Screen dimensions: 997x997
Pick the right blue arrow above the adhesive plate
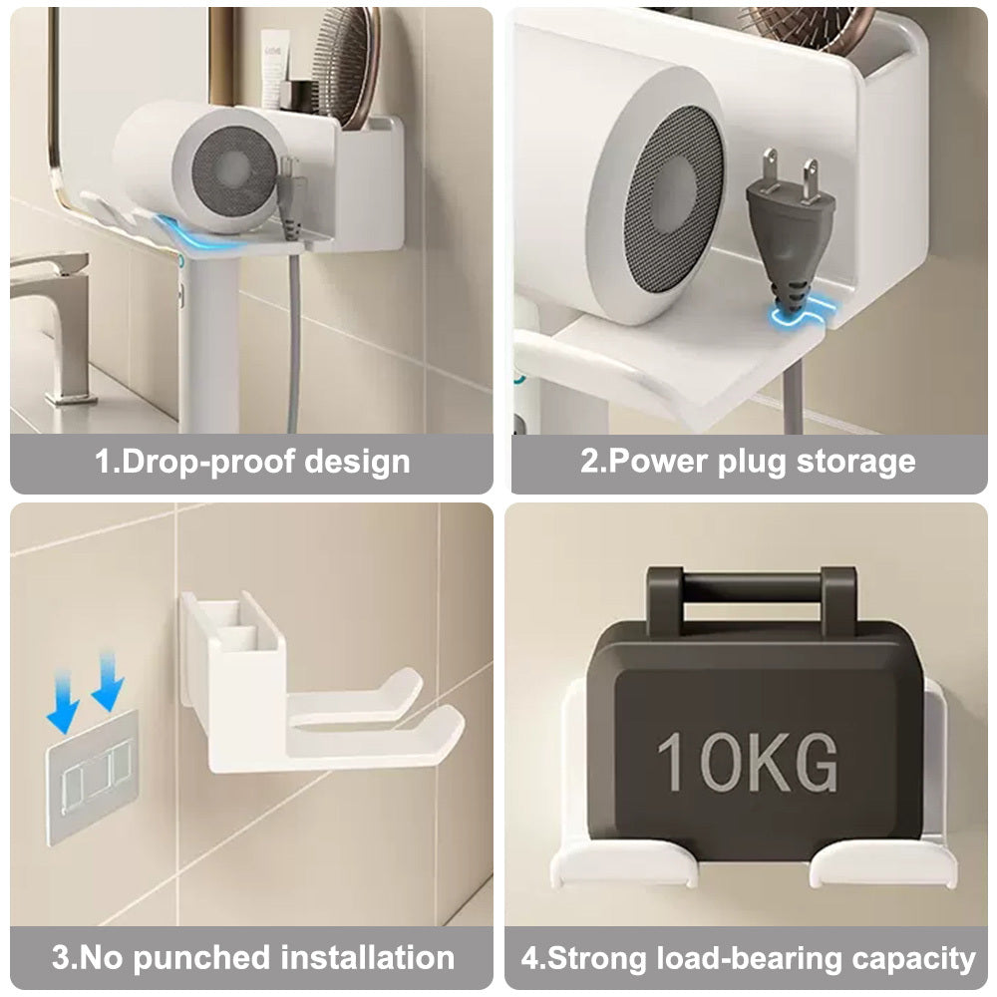point(108,678)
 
